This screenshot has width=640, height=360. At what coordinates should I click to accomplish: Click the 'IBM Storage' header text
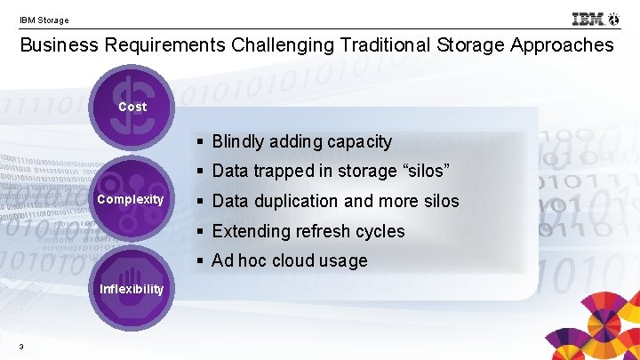(x=44, y=20)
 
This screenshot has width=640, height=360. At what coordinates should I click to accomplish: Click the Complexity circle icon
(x=131, y=197)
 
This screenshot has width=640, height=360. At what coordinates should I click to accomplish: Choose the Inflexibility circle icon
(x=132, y=286)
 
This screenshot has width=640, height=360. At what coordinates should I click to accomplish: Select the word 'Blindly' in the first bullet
(x=240, y=142)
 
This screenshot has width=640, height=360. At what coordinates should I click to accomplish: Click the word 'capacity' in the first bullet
(x=360, y=142)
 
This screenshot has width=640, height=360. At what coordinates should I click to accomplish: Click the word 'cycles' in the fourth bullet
(x=380, y=231)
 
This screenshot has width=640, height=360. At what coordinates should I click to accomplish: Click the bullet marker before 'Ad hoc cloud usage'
(x=202, y=261)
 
